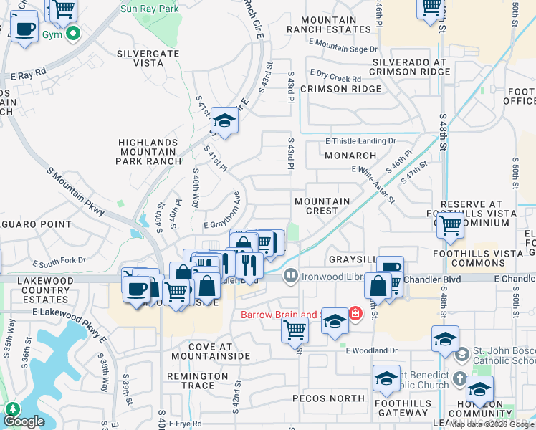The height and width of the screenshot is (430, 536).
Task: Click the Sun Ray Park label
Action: (149, 9)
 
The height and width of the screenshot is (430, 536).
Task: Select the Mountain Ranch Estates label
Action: (330, 24)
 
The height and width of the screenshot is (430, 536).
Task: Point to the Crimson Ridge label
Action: (341, 89)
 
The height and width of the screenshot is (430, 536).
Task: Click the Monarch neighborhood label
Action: (350, 155)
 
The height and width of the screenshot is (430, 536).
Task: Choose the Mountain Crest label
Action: (322, 206)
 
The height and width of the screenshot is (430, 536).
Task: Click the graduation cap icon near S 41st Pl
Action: (225, 121)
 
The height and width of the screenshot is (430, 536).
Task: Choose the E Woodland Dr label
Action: (370, 350)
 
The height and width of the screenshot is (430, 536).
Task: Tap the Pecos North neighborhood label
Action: (329, 398)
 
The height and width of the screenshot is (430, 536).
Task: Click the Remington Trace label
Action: (197, 381)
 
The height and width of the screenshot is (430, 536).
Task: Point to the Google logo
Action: (24, 421)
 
